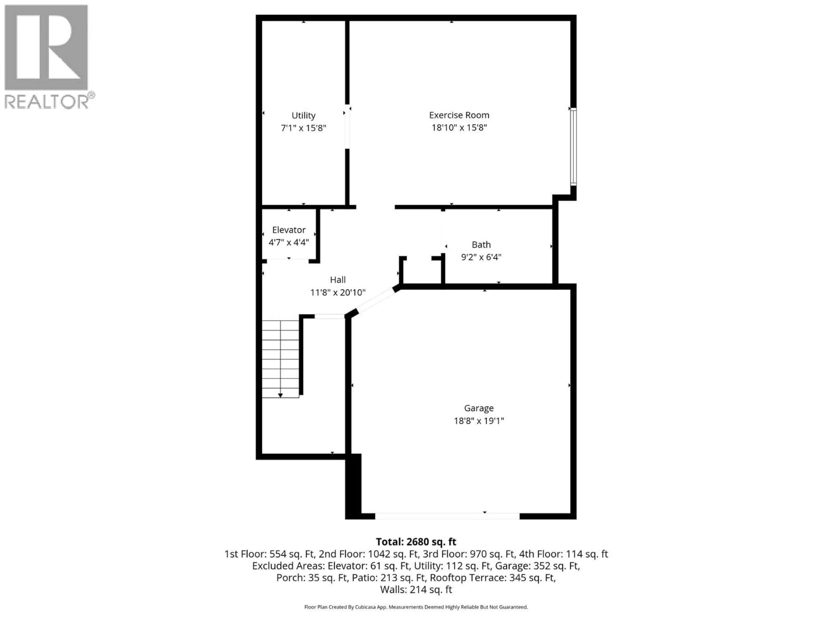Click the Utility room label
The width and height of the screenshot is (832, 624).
click(x=303, y=115)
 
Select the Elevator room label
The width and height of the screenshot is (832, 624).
click(x=289, y=230)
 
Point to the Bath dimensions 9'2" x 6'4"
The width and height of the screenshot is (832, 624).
click(x=481, y=257)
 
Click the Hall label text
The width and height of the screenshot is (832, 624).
click(x=337, y=280)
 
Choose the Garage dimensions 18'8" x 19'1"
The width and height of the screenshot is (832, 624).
click(x=478, y=421)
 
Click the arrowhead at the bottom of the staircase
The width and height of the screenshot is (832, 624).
click(x=280, y=395)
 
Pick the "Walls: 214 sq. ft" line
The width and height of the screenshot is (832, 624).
click(x=416, y=590)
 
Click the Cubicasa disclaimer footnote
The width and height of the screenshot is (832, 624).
click(x=416, y=607)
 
